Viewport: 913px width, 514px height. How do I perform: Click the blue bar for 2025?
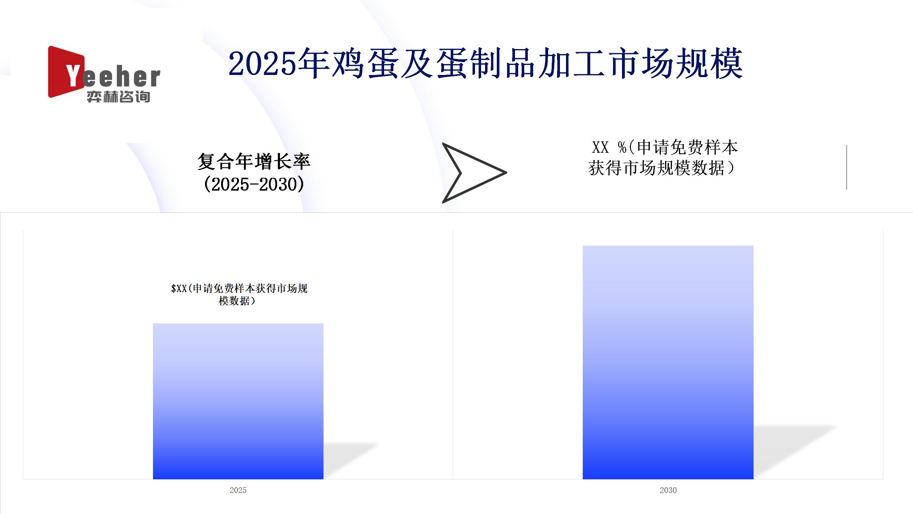pos(238,401)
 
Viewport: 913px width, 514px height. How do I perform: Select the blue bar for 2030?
pos(668,362)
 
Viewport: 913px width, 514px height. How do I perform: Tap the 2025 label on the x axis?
pos(238,490)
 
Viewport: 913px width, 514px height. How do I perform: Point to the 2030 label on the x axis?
pos(668,490)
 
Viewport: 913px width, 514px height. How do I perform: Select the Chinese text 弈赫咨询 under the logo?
pos(118,97)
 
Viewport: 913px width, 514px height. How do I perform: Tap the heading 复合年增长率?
pos(254,161)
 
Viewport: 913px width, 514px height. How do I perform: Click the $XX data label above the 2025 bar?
pos(239,294)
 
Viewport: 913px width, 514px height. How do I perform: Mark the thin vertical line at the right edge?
pos(847,167)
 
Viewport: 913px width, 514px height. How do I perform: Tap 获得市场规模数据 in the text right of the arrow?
pos(656,168)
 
